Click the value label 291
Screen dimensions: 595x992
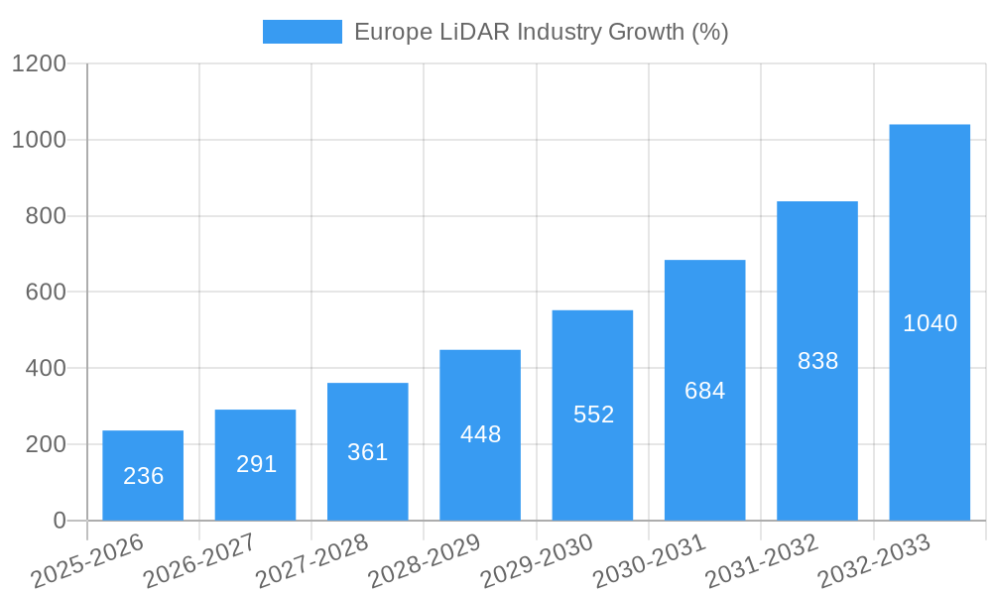[256, 464]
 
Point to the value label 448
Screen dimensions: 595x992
[480, 434]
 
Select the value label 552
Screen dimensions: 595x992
[593, 415]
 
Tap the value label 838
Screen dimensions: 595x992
[817, 361]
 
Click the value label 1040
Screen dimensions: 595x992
[930, 323]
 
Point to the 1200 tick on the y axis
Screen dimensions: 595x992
[39, 64]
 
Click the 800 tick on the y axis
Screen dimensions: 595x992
[46, 216]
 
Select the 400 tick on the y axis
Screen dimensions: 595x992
[46, 368]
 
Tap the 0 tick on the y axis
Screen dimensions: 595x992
[59, 521]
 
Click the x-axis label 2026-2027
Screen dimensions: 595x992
[199, 561]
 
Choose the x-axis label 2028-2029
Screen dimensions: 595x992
[424, 561]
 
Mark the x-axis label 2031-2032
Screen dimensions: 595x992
[761, 561]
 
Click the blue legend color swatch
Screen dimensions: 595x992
[302, 32]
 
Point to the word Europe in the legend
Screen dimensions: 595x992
[393, 32]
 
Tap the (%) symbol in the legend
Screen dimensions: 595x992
[709, 32]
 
